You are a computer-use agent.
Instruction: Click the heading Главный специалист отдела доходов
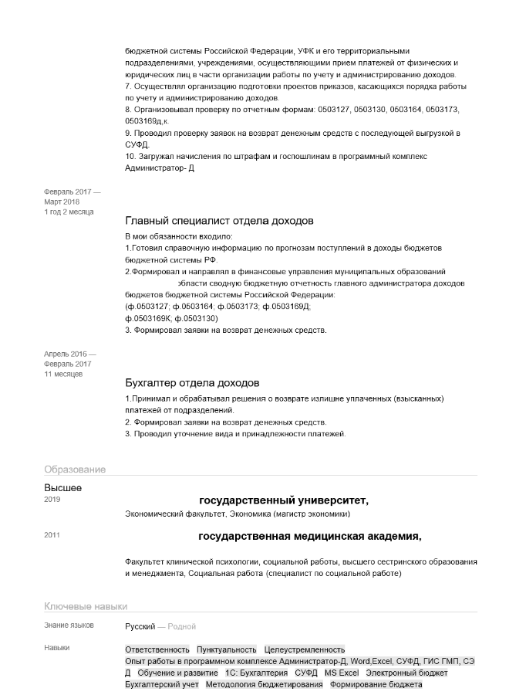click(x=219, y=221)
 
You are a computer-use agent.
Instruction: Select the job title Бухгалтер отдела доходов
click(x=192, y=383)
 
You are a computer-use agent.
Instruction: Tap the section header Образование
click(x=75, y=470)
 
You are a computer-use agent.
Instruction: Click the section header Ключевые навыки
click(x=86, y=606)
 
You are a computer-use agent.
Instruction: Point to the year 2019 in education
click(x=52, y=500)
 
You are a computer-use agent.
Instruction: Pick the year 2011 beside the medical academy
click(x=52, y=535)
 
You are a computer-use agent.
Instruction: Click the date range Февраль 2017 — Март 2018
click(x=72, y=196)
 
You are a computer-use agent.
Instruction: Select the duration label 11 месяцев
click(x=63, y=374)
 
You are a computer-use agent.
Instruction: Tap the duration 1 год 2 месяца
click(x=69, y=212)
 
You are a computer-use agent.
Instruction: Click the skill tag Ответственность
click(x=157, y=649)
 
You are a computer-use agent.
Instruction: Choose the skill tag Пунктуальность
click(x=226, y=649)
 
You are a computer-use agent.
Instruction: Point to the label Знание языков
click(x=69, y=625)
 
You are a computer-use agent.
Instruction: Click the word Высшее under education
click(x=62, y=487)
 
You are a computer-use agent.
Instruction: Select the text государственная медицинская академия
click(x=309, y=536)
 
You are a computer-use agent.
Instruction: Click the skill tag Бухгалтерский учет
click(x=162, y=684)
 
